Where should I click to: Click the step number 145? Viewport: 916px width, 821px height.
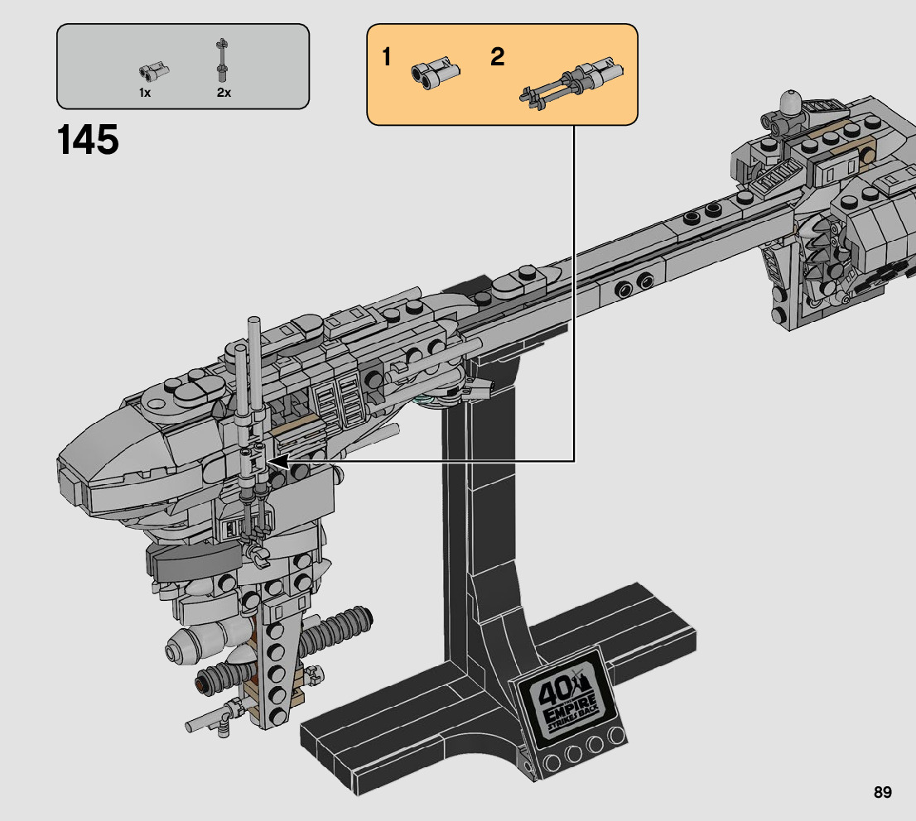coord(89,139)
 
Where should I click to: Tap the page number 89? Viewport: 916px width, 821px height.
coord(882,793)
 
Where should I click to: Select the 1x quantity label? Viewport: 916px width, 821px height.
coord(145,93)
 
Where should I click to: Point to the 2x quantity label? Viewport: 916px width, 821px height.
coord(224,93)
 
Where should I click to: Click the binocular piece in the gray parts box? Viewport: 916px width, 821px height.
coord(151,71)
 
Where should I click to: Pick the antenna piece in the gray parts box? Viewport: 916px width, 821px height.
coord(221,60)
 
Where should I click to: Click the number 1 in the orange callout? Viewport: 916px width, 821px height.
coord(387,58)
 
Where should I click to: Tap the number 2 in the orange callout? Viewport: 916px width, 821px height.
coord(497,58)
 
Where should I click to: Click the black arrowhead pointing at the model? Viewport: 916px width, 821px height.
coord(279,460)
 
